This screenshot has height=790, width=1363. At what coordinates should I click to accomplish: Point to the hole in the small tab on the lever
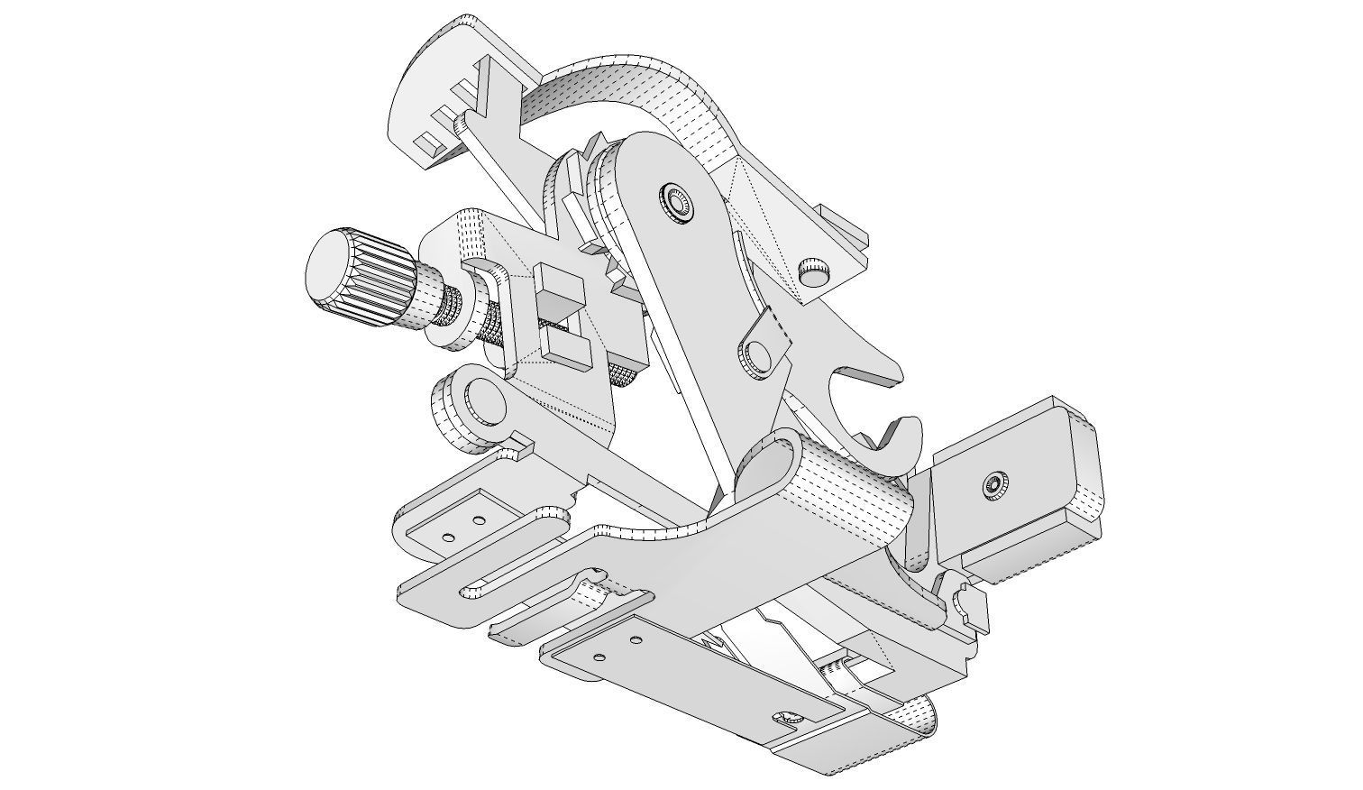pos(758,354)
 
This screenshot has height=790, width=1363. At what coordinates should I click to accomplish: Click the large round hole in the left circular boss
pos(485,400)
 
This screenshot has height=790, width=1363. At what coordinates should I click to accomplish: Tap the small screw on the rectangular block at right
pos(995,485)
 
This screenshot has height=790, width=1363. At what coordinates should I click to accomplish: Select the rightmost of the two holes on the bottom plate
pos(636,640)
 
